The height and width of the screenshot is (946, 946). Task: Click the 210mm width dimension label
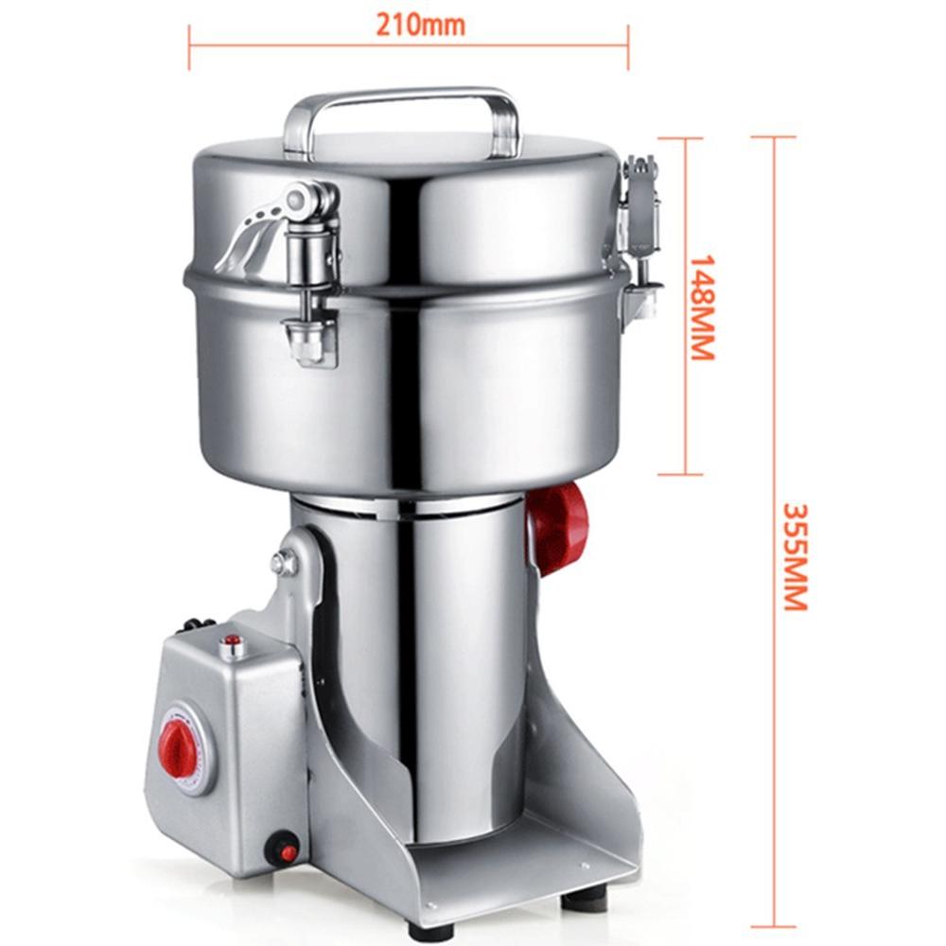[421, 25]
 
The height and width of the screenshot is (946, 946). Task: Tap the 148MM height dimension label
[702, 307]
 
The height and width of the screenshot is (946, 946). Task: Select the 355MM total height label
[795, 557]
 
